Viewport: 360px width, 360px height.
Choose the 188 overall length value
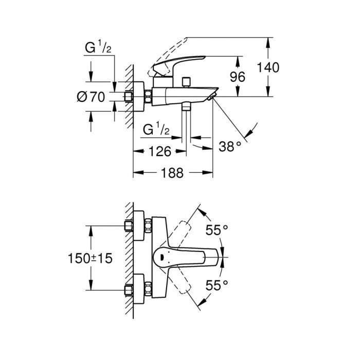tap(172, 174)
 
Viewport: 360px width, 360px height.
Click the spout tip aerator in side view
tap(212, 97)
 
